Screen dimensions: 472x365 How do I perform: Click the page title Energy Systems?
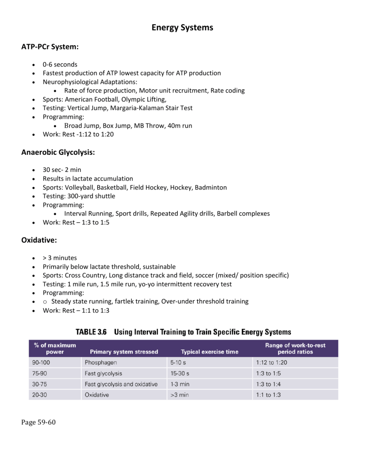[x=182, y=28]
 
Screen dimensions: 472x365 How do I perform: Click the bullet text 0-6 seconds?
[x=58, y=65]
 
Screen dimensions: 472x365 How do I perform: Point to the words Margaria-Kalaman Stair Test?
[x=152, y=108]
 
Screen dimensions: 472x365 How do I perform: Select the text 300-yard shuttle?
[x=92, y=196]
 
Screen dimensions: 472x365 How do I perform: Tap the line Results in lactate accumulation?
[x=88, y=179]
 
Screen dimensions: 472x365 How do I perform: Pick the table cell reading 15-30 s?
[x=181, y=373]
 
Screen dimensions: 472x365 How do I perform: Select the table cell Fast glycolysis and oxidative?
[x=121, y=384]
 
